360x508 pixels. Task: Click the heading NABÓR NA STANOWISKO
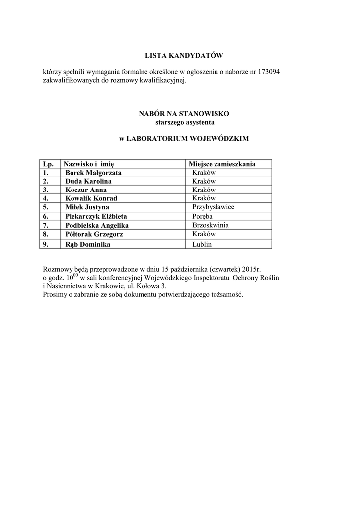184,114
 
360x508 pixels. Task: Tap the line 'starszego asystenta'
184,122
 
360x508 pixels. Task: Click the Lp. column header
48,164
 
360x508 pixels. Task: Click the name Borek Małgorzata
93,173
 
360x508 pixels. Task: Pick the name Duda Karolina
88,181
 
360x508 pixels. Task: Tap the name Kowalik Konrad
91,198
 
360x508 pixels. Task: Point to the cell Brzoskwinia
211,225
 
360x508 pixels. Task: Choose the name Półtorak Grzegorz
94,234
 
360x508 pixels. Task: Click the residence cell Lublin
202,245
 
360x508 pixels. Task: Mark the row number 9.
46,244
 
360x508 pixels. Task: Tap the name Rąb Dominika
88,244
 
